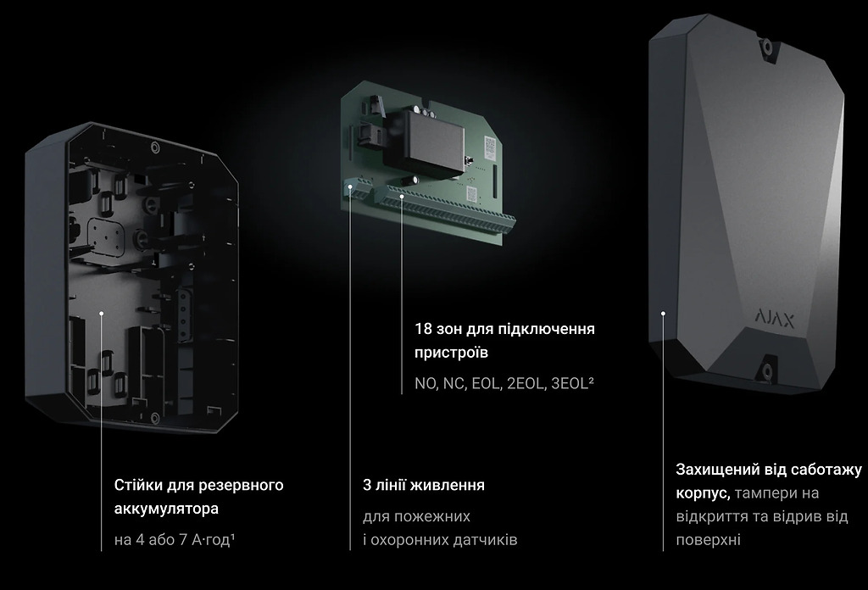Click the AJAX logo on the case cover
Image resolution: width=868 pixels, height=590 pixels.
[x=775, y=320]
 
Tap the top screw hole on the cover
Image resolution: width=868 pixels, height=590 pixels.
[x=767, y=47]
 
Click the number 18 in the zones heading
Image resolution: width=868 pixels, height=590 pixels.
[x=423, y=329]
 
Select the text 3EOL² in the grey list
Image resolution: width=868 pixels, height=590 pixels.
[x=572, y=383]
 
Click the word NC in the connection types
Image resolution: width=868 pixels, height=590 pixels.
[x=454, y=383]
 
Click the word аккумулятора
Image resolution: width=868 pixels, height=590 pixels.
[x=166, y=509]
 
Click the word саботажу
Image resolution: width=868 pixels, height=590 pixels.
[x=826, y=470]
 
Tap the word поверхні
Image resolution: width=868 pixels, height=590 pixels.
[x=708, y=540]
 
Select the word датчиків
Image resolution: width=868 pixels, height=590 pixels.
[x=485, y=540]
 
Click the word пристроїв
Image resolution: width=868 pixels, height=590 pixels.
[x=451, y=353]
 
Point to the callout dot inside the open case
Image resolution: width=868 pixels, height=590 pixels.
[x=102, y=313]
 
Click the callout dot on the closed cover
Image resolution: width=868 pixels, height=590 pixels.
[x=663, y=314]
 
